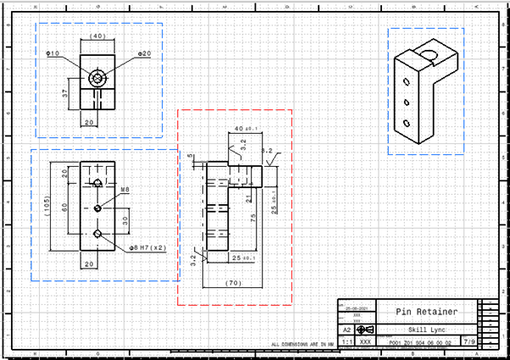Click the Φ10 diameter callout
(x=53, y=53)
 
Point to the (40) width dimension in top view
(x=97, y=36)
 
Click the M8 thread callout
(x=125, y=189)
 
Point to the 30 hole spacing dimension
(x=125, y=219)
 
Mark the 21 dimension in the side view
(x=247, y=197)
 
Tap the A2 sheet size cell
(x=346, y=330)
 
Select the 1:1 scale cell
(x=346, y=342)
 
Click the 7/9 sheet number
(x=468, y=342)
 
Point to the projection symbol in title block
(x=365, y=330)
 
